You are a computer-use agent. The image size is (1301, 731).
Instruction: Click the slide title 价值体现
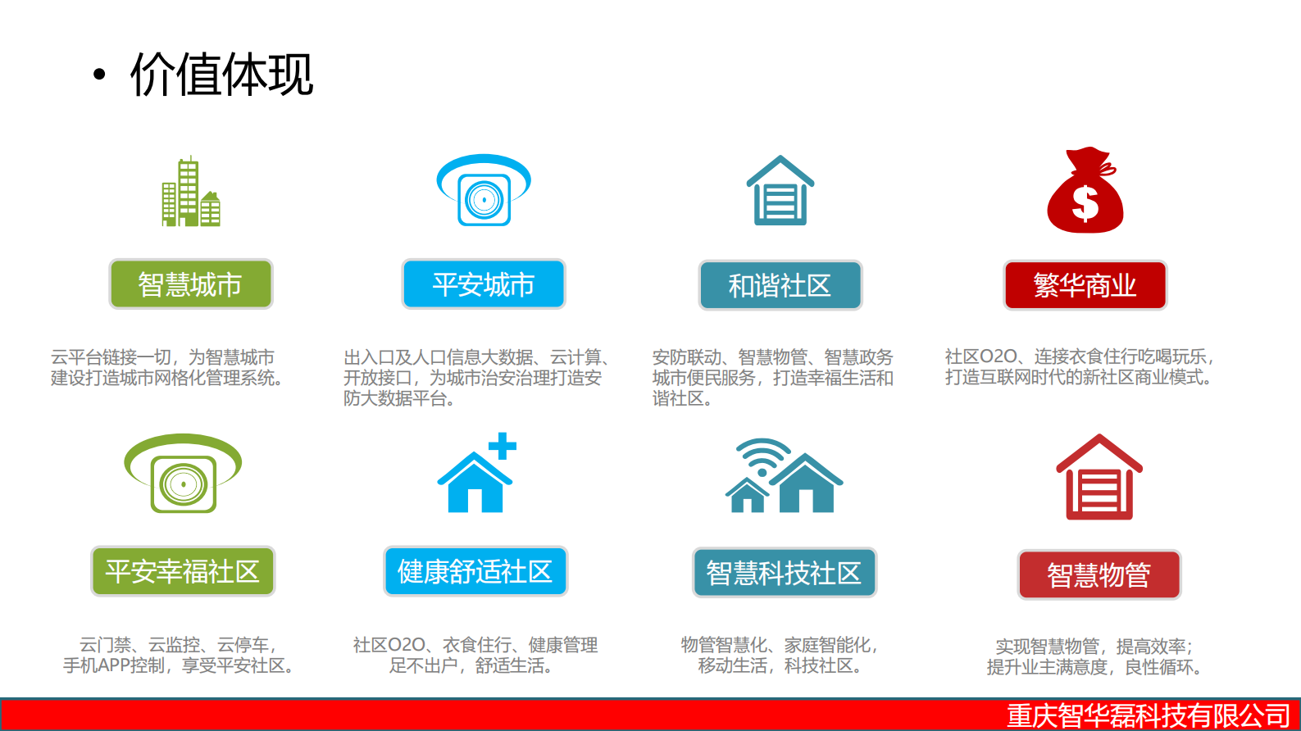[x=221, y=75]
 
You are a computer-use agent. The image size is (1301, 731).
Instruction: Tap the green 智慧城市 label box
[x=190, y=284]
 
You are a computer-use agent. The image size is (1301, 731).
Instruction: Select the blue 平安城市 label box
[x=484, y=284]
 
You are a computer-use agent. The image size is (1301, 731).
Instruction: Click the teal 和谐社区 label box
[x=780, y=285]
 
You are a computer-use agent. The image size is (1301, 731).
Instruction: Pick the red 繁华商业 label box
[x=1085, y=285]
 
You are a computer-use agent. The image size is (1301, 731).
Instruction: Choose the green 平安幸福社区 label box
[x=183, y=571]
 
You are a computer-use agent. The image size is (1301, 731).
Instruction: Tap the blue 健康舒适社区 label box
[x=475, y=571]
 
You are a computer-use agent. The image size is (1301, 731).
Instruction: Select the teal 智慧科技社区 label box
[x=784, y=572]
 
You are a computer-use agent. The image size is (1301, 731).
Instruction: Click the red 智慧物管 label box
[x=1099, y=574]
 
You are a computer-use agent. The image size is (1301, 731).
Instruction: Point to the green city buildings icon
[x=190, y=193]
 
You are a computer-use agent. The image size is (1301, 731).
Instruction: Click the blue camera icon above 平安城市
[x=484, y=190]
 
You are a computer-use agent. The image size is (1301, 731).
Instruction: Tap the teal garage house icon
[x=780, y=191]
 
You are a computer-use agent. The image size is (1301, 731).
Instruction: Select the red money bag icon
[x=1085, y=191]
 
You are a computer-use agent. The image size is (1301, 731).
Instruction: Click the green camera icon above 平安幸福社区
[x=183, y=474]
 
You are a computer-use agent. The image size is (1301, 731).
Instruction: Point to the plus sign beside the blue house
[x=502, y=446]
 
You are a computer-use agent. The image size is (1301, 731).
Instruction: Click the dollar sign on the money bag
[x=1085, y=203]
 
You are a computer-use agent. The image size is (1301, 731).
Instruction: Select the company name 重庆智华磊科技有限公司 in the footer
[x=1148, y=715]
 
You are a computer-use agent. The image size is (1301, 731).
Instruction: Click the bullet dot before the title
[x=99, y=75]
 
